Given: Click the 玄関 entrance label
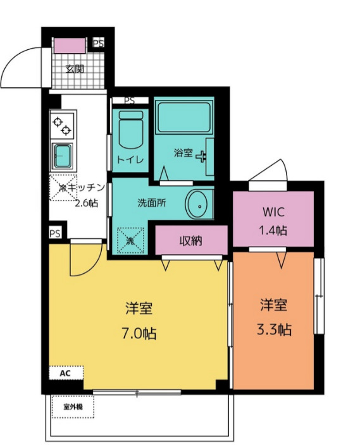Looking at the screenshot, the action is click(x=75, y=69).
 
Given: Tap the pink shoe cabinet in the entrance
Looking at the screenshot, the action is click(x=70, y=46).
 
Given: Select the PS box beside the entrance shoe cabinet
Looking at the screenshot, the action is click(x=99, y=43).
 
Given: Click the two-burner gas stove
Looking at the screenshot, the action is click(x=62, y=125).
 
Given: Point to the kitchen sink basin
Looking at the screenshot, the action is click(x=63, y=157).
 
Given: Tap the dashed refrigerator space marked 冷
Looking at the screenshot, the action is click(x=63, y=188).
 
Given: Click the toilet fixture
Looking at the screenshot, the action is click(x=130, y=130).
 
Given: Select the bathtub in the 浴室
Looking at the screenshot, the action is click(x=184, y=117).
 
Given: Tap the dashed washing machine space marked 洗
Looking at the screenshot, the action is click(x=130, y=240).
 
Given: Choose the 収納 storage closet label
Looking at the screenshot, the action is click(x=191, y=241).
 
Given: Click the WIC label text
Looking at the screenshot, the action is click(x=273, y=212).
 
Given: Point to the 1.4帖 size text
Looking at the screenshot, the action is click(x=273, y=230).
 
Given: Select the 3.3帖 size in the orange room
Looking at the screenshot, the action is click(x=274, y=329).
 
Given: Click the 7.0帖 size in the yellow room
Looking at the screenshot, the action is click(x=139, y=333).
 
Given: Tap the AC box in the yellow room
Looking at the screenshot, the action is click(x=66, y=373).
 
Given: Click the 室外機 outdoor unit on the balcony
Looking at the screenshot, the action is click(x=73, y=407).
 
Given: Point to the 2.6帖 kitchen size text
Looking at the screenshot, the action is click(x=87, y=203).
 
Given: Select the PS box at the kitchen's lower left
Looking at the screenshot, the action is click(x=55, y=233).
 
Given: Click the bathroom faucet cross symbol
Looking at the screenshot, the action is click(x=202, y=157).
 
